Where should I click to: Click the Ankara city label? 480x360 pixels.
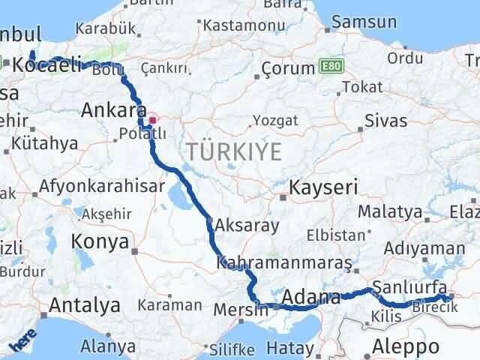(112, 110)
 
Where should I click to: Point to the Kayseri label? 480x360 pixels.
(324, 186)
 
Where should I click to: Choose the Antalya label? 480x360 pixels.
(85, 305)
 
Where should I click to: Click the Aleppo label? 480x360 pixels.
(406, 346)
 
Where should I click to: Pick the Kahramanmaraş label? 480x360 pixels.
(284, 264)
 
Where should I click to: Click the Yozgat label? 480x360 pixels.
(274, 120)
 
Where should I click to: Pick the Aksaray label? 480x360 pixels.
(247, 224)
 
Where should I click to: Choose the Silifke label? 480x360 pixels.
(229, 349)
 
